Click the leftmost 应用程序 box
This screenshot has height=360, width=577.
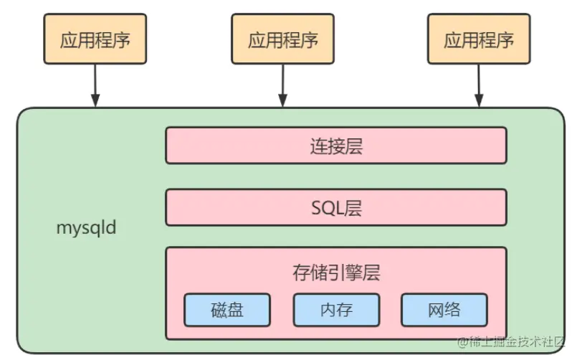pos(95,39)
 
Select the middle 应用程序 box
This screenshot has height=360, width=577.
pos(282,39)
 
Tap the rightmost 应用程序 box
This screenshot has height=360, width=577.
pos(478,39)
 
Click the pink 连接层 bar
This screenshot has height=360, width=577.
pos(335,146)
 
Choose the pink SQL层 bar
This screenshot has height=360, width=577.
pos(335,207)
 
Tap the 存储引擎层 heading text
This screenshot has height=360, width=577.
pos(335,273)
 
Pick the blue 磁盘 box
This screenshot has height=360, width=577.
pos(227,310)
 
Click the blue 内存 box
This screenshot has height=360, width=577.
pos(335,310)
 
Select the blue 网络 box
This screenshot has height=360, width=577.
pos(444,310)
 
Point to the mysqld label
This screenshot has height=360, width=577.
pos(86,229)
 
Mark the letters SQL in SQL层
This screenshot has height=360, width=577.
pos(327,208)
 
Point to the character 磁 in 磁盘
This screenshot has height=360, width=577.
pos(219,310)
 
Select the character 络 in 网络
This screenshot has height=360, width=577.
pos(452,310)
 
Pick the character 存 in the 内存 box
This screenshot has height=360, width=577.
pos(345,310)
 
